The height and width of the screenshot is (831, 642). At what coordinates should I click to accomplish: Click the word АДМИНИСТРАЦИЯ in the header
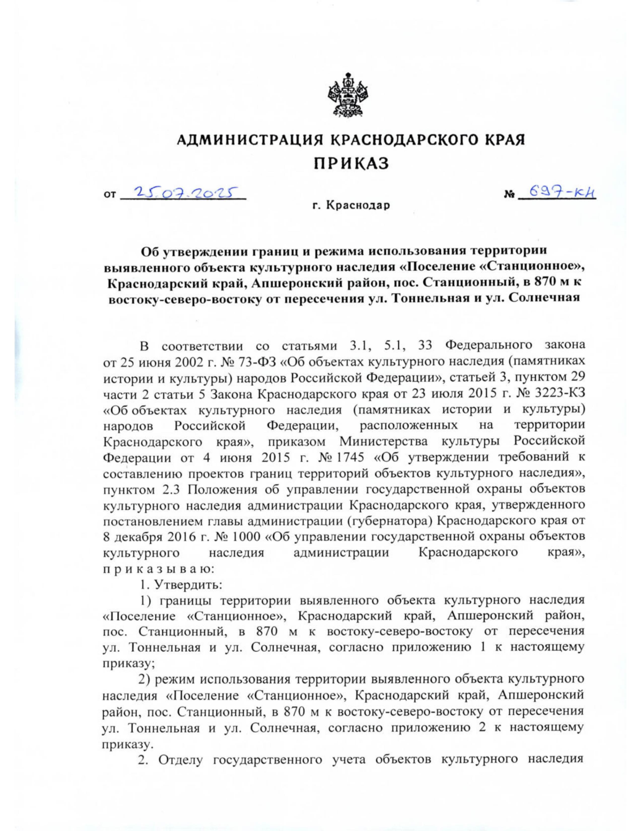[249, 140]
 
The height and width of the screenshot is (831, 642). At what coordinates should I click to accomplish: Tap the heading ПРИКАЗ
[351, 163]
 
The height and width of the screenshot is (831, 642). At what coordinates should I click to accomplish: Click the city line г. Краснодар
[351, 205]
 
